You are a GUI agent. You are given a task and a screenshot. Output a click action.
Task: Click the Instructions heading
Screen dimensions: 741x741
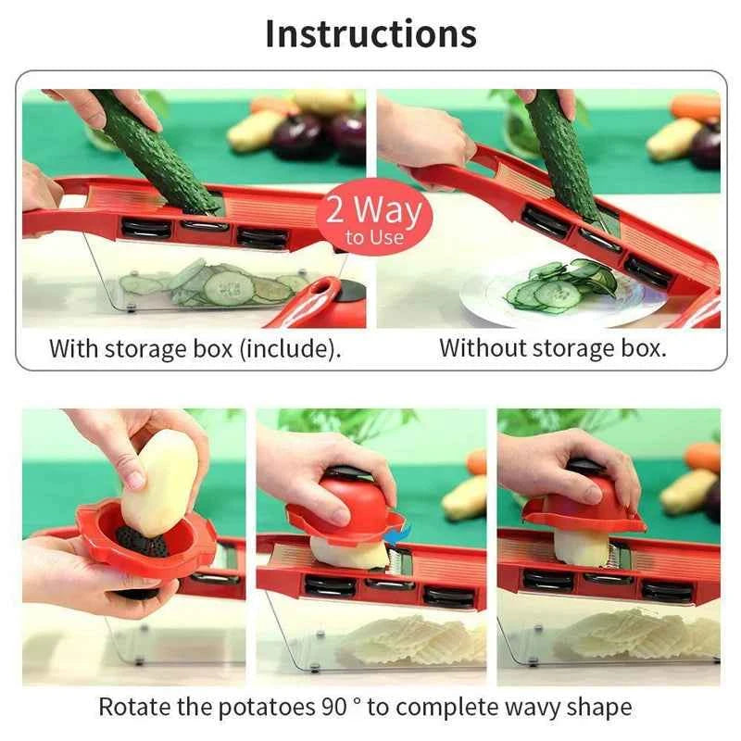pyautogui.click(x=370, y=34)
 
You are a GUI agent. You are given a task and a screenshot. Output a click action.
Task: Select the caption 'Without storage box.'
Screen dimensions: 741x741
pyautogui.click(x=553, y=349)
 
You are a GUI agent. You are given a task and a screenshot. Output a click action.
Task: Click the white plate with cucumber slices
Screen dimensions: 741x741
pyautogui.click(x=556, y=294)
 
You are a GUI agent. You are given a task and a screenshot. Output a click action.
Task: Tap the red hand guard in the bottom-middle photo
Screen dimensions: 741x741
pyautogui.click(x=343, y=505)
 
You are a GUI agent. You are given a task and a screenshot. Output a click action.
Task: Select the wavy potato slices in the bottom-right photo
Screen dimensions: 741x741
pyautogui.click(x=639, y=634)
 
